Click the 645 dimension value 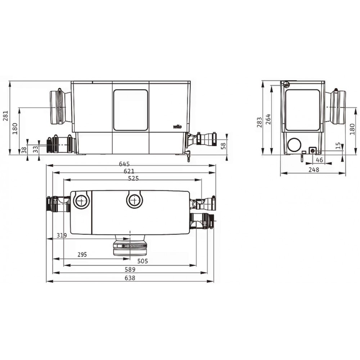124,164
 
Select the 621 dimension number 129,171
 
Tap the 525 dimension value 134,179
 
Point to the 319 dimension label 62,235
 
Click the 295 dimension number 82,255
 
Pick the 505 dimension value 143,261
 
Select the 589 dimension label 130,269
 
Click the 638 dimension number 130,278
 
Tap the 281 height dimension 5,116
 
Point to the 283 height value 260,122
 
